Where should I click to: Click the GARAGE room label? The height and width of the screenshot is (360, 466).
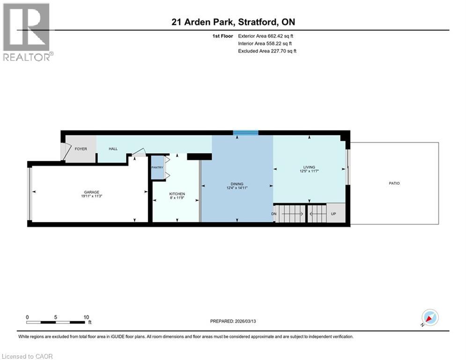[91, 192]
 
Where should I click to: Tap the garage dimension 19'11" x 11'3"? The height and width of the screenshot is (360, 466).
[91, 197]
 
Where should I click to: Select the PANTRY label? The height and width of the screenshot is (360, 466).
[157, 167]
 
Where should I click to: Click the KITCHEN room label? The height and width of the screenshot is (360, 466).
[177, 194]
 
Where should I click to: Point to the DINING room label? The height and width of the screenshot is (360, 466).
[237, 184]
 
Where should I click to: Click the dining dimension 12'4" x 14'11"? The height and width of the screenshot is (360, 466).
[237, 188]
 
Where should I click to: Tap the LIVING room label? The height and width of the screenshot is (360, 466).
[309, 167]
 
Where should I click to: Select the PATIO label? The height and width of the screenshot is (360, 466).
[394, 183]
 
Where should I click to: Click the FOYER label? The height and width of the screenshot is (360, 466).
[81, 149]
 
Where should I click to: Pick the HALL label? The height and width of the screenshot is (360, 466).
[113, 149]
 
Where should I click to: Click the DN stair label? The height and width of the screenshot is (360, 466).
[274, 214]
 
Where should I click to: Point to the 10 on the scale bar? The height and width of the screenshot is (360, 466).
[86, 317]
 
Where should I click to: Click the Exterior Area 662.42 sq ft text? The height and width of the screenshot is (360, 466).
[266, 36]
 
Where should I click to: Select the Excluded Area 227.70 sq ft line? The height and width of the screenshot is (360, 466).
[267, 51]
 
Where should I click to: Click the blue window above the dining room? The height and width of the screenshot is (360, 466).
[246, 133]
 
